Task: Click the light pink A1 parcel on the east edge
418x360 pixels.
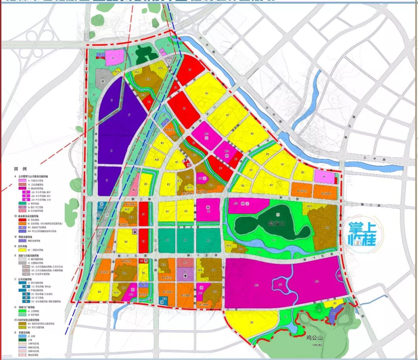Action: pos(324,177)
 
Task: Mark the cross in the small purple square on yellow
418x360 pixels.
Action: pos(134,232)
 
